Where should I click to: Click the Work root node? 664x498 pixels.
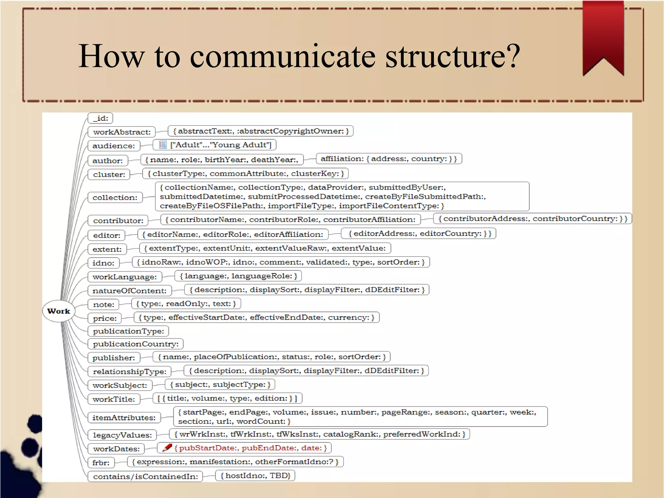pyautogui.click(x=59, y=311)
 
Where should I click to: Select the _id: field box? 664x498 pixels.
pyautogui.click(x=100, y=118)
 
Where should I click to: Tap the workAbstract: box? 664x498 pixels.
pyautogui.click(x=122, y=132)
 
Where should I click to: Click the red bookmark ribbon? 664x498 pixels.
pyautogui.click(x=603, y=36)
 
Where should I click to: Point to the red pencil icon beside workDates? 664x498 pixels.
pyautogui.click(x=167, y=448)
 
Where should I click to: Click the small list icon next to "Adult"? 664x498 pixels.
pyautogui.click(x=163, y=145)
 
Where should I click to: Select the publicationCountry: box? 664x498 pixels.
pyautogui.click(x=136, y=344)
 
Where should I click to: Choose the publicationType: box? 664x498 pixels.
pyautogui.click(x=128, y=331)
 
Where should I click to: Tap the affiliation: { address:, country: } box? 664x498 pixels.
pyautogui.click(x=389, y=159)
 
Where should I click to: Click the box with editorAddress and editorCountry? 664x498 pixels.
pyautogui.click(x=419, y=234)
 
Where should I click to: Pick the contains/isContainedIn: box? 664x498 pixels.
pyautogui.click(x=145, y=477)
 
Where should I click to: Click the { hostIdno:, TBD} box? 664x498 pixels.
pyautogui.click(x=255, y=476)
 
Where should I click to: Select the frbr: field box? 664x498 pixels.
pyautogui.click(x=101, y=463)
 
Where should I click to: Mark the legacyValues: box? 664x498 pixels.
pyautogui.click(x=122, y=435)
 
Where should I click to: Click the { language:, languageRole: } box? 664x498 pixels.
pyautogui.click(x=238, y=276)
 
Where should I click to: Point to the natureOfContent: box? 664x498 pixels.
pyautogui.click(x=129, y=291)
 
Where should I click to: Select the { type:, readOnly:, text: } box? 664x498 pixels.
pyautogui.click(x=186, y=304)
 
